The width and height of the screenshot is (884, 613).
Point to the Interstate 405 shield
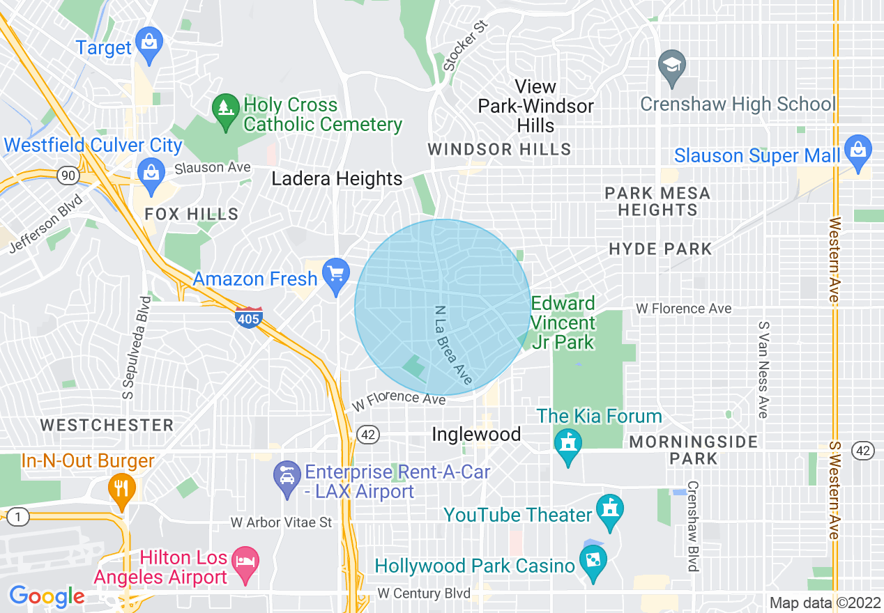(248, 318)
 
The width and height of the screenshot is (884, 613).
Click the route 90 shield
(68, 175)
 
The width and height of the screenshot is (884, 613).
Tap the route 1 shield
(17, 517)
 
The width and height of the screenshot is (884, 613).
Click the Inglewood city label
(476, 435)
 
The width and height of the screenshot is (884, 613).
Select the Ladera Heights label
(337, 179)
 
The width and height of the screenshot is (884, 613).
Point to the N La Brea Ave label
(453, 346)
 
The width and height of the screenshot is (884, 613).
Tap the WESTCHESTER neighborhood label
(107, 425)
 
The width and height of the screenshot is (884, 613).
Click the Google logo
(47, 596)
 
